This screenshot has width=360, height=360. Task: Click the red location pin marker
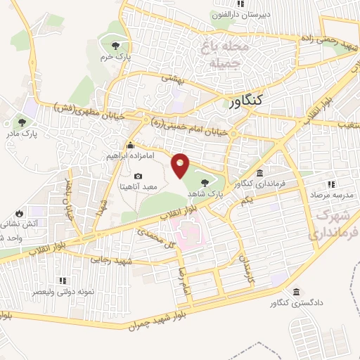coord(181,164)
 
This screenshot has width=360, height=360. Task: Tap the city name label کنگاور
coord(245,101)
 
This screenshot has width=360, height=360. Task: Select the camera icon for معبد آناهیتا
coord(138,176)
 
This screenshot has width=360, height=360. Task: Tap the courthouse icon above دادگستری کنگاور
coord(296,292)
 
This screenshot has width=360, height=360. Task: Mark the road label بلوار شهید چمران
coord(162,319)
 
